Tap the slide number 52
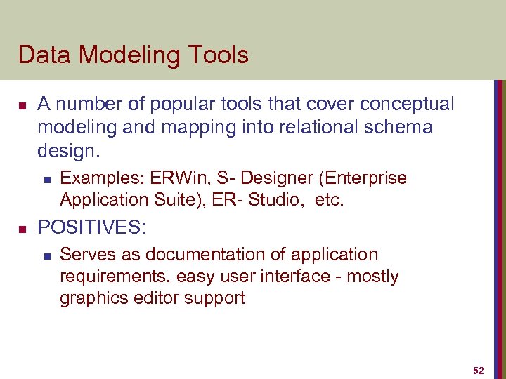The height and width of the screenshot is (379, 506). coord(479,370)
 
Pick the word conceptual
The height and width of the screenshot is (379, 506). coord(407,105)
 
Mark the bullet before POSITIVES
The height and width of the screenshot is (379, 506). coord(22,228)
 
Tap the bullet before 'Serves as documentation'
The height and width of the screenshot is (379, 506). coord(46,255)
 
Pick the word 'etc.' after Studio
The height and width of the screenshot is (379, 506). coord(330,200)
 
